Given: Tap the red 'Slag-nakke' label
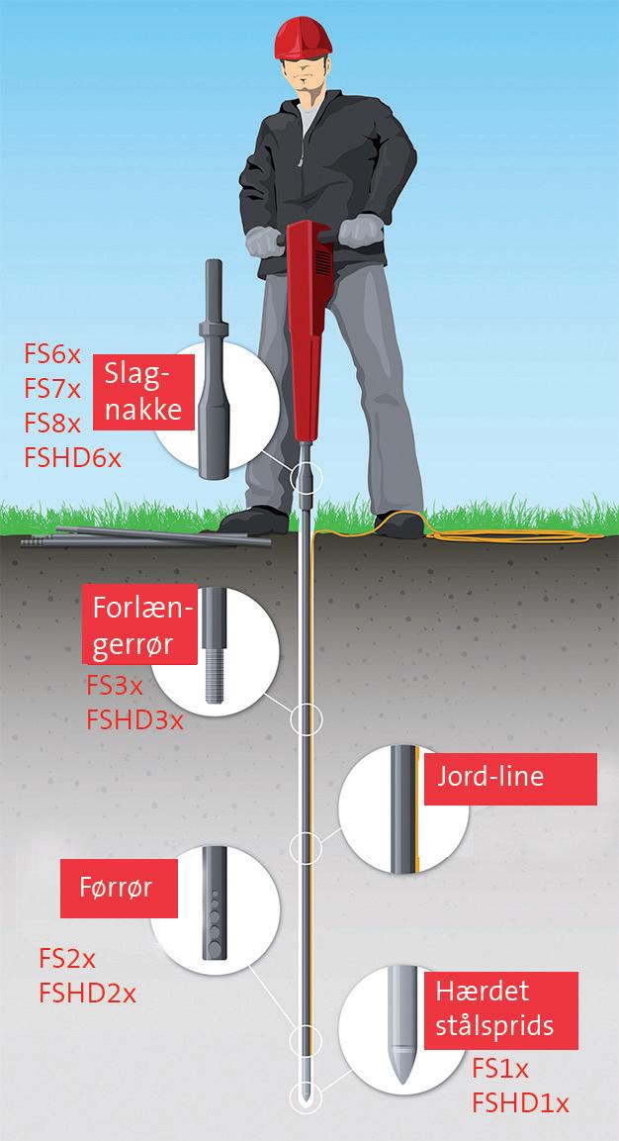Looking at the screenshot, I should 144,392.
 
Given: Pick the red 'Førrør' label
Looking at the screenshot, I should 116,889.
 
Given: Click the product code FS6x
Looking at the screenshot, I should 51,354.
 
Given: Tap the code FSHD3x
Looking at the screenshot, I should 134,719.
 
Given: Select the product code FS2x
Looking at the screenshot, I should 66,959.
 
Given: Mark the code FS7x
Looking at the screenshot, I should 51,389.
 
